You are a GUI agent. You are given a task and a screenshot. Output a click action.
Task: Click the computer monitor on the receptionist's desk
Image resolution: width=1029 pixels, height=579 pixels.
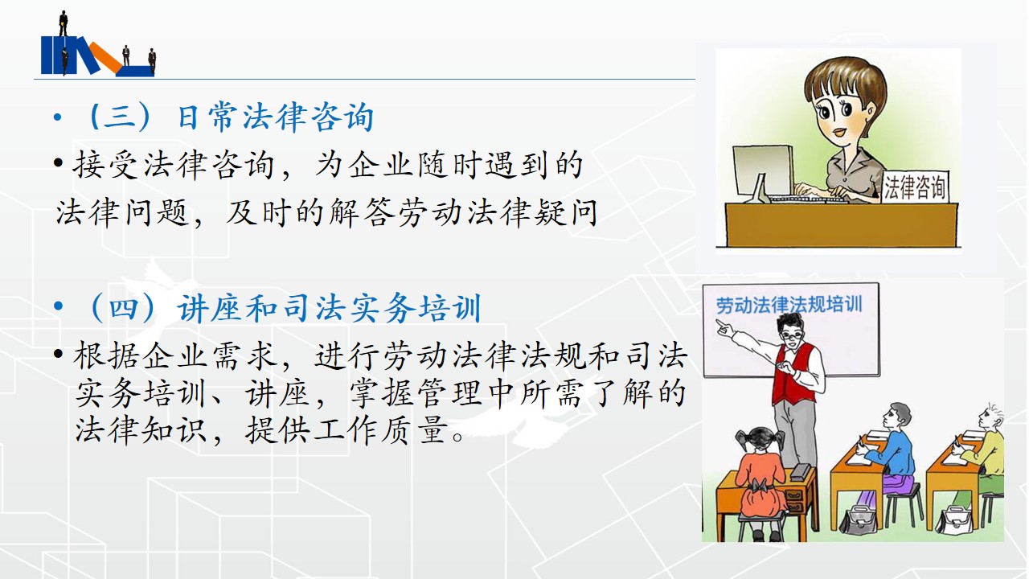(764, 172)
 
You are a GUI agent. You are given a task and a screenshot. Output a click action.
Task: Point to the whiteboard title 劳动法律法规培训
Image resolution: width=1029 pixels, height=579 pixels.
(789, 305)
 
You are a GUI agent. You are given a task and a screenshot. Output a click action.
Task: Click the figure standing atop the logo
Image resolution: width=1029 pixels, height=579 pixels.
(64, 23)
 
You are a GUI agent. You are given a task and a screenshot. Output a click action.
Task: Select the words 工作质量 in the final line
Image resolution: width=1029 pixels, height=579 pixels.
(382, 430)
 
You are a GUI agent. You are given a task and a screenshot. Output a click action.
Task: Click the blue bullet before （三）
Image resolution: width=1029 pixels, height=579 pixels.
(57, 117)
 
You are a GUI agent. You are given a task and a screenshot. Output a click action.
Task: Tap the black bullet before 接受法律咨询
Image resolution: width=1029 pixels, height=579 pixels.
(58, 162)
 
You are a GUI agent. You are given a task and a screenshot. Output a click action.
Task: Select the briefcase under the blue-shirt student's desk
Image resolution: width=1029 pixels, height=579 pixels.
(858, 519)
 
